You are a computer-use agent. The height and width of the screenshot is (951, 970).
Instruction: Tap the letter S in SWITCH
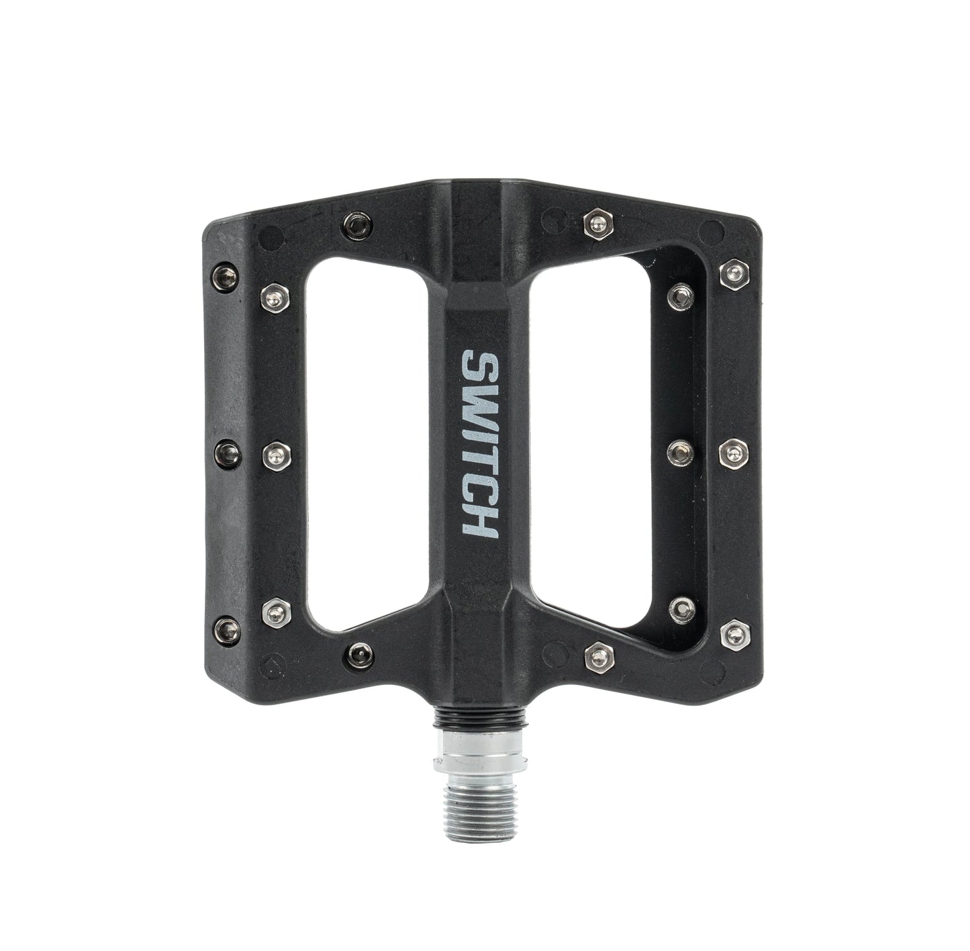click(x=479, y=367)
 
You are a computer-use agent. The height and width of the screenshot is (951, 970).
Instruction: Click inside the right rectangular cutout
click(x=597, y=443)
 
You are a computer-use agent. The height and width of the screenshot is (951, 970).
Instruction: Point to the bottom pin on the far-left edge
click(x=223, y=627)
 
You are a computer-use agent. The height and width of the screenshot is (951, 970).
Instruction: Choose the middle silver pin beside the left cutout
click(x=275, y=455)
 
